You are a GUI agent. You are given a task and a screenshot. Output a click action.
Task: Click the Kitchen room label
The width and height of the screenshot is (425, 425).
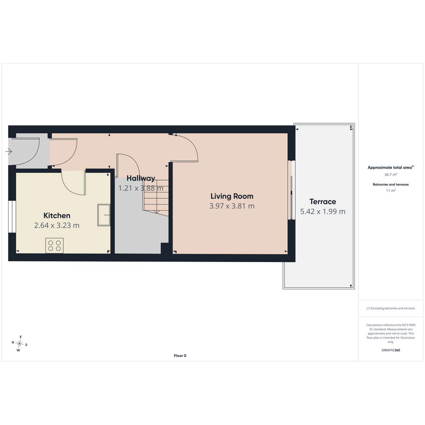point(57,215)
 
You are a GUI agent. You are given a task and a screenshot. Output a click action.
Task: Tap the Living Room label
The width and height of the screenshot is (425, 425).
point(232,196)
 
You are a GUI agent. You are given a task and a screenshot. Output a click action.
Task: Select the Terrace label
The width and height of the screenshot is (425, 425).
point(323,202)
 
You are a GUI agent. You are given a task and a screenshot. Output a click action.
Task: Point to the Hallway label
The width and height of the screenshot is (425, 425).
point(141,178)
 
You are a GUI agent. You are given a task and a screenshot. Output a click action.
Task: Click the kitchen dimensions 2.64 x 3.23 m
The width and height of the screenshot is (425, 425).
point(57,225)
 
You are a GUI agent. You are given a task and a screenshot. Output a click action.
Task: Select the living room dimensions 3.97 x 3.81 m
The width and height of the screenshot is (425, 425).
point(232,206)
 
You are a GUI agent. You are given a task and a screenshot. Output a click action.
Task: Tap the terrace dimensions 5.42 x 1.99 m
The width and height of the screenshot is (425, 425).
point(323,211)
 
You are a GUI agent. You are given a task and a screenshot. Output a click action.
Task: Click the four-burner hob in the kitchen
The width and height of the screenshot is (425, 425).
point(55,246)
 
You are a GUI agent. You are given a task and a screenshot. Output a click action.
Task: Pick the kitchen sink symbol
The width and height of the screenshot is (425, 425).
point(104,215)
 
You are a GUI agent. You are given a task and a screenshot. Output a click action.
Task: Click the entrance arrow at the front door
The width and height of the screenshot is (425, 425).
point(8,152)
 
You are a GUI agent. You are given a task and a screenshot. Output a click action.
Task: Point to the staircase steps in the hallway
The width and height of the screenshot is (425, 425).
point(156,196)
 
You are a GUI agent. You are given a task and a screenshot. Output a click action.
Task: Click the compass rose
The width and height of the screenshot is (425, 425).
point(19,344)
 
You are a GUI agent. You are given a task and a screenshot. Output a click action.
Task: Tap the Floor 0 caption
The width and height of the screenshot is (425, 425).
point(180,356)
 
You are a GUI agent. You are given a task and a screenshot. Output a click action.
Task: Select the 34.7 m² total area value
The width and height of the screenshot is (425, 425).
point(391,175)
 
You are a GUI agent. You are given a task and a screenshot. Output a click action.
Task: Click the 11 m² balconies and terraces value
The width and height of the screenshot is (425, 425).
point(391,191)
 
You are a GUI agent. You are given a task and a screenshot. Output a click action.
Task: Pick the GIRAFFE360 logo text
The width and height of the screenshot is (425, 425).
point(391,350)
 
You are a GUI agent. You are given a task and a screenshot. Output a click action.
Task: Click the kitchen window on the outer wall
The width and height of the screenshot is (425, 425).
point(12,216)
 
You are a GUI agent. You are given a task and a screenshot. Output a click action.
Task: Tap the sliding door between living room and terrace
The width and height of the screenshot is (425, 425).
point(291,190)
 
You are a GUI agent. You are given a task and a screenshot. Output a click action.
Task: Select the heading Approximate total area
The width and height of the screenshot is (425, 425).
point(391,168)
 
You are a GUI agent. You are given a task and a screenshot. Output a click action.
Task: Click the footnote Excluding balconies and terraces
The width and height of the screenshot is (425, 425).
point(391,308)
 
